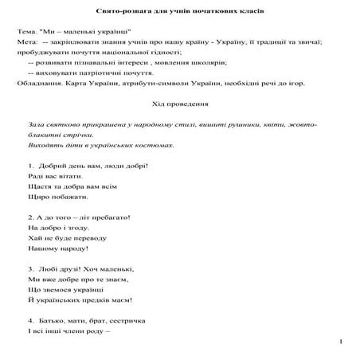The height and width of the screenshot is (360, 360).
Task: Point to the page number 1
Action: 340,342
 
